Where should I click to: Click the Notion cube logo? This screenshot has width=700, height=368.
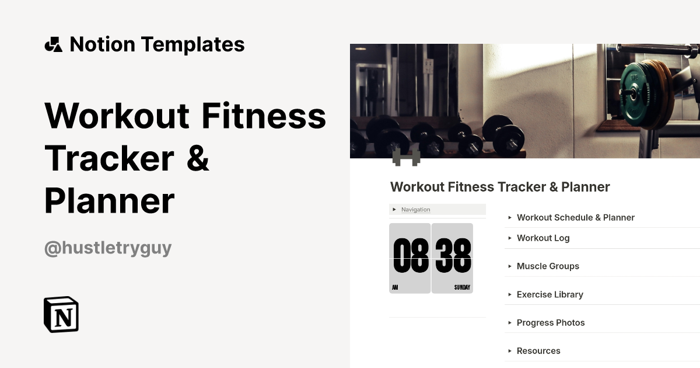(61, 314)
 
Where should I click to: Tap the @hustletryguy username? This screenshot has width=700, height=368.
(108, 248)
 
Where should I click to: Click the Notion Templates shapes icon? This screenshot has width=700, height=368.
(54, 44)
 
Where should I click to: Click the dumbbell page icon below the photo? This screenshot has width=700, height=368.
(406, 157)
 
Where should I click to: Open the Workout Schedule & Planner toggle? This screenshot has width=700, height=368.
(575, 217)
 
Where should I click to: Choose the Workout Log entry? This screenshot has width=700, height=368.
(542, 238)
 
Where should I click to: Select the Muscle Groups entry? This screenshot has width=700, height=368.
(547, 266)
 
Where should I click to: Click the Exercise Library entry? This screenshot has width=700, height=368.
(549, 294)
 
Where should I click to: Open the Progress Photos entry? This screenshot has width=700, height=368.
(550, 322)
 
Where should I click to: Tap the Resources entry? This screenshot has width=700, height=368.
(538, 350)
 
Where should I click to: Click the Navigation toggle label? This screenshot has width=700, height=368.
(415, 210)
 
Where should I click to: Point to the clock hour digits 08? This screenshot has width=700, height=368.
(411, 256)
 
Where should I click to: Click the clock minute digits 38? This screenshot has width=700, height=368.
(453, 256)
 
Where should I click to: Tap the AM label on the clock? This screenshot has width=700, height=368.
(395, 287)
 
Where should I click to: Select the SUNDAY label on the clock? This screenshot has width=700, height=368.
(462, 287)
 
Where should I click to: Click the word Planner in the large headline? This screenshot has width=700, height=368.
(110, 200)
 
